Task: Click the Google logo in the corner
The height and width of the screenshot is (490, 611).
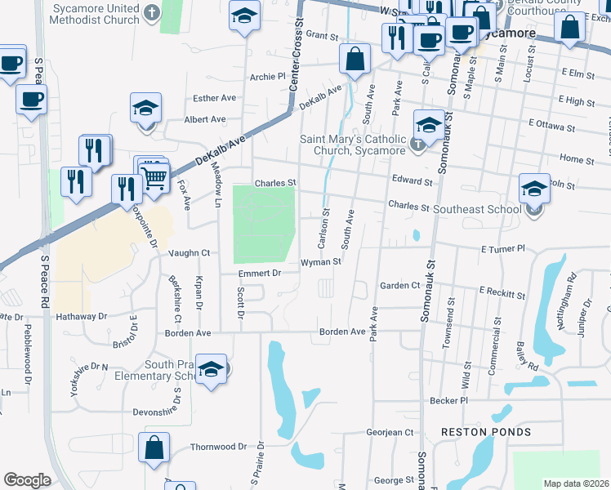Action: coord(26,480)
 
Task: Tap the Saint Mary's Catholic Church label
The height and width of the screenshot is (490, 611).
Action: coord(353,145)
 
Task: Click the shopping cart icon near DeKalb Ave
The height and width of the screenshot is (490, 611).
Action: coord(155,174)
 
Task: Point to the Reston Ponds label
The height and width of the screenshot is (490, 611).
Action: coord(485,431)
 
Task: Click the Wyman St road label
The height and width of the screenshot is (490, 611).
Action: coord(321,262)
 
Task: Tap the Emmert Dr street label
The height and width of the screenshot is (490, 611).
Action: coord(259,273)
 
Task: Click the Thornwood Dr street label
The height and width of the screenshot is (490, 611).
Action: coord(218,447)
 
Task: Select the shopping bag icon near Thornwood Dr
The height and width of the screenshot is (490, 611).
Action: coord(153,448)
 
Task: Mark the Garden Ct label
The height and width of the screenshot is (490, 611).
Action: coord(399,286)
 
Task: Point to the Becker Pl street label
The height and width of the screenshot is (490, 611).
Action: coord(448,401)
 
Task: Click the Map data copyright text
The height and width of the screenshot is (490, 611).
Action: coord(575,483)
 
